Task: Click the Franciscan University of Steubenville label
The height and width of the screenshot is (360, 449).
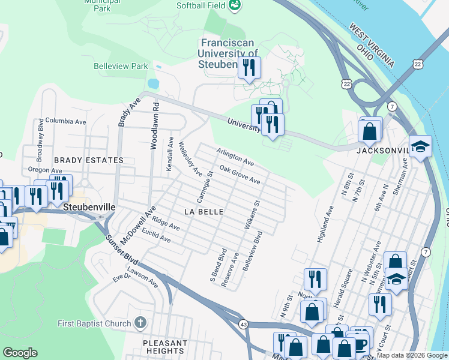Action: [x=228, y=53]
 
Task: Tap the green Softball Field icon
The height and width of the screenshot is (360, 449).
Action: [x=236, y=6]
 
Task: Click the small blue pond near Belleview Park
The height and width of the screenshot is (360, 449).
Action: [x=153, y=82]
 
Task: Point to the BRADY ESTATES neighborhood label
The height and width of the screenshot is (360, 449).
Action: [x=88, y=160]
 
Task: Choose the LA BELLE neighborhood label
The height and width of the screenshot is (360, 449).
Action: [x=203, y=212]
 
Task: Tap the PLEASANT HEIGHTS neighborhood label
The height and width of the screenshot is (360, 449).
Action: [x=164, y=346]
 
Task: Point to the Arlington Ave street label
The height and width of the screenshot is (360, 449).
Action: [x=235, y=158]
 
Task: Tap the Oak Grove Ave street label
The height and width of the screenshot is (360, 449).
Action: [x=240, y=175]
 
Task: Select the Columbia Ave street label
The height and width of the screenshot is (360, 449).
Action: [x=65, y=121]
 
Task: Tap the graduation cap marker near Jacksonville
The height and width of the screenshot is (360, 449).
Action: [x=420, y=145]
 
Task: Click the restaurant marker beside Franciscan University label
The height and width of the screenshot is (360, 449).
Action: [x=249, y=67]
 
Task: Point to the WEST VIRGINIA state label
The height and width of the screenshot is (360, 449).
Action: [x=372, y=45]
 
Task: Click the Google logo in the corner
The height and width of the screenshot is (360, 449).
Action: [x=20, y=353]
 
